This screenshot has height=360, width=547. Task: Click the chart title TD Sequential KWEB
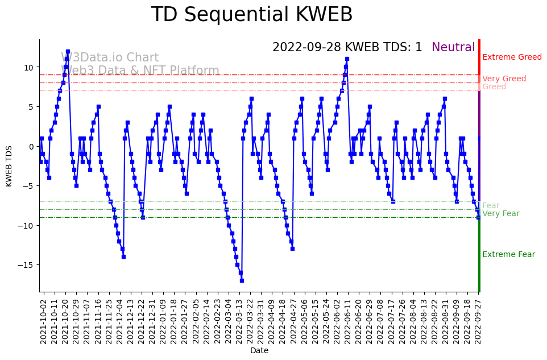click(252, 15)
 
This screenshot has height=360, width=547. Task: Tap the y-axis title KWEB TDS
click(9, 165)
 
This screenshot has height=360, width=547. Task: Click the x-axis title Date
click(259, 351)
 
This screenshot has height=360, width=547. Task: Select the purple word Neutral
click(453, 48)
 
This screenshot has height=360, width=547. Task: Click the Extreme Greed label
click(512, 57)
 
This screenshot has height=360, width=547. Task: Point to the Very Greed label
click(504, 79)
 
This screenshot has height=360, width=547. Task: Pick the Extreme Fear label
click(508, 255)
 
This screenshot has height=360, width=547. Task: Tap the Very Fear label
click(500, 214)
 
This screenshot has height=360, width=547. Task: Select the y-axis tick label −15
click(27, 265)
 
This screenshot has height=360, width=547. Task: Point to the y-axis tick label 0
click(32, 146)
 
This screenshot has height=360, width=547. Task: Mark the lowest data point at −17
click(242, 280)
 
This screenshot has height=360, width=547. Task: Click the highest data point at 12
click(68, 51)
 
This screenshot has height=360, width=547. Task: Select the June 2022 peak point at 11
click(347, 59)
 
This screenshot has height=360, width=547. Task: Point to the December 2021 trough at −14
click(123, 256)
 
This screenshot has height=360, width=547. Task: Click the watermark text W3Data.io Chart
click(110, 58)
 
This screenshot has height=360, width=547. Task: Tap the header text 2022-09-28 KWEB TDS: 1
click(347, 48)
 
